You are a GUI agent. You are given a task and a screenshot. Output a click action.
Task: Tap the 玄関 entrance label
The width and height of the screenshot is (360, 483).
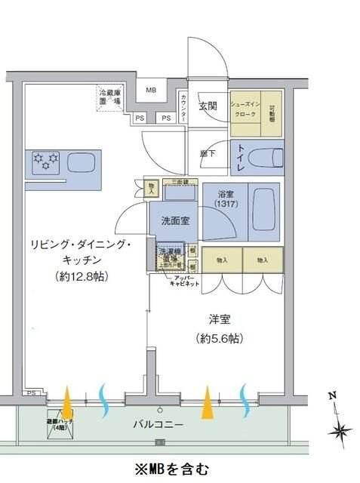(208, 106)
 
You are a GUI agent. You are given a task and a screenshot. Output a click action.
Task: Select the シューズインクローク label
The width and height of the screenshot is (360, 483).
(245, 109)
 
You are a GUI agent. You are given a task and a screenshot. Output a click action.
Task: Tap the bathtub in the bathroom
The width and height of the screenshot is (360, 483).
(264, 214)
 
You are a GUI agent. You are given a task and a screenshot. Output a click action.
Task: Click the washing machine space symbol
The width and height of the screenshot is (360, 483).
(170, 256)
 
